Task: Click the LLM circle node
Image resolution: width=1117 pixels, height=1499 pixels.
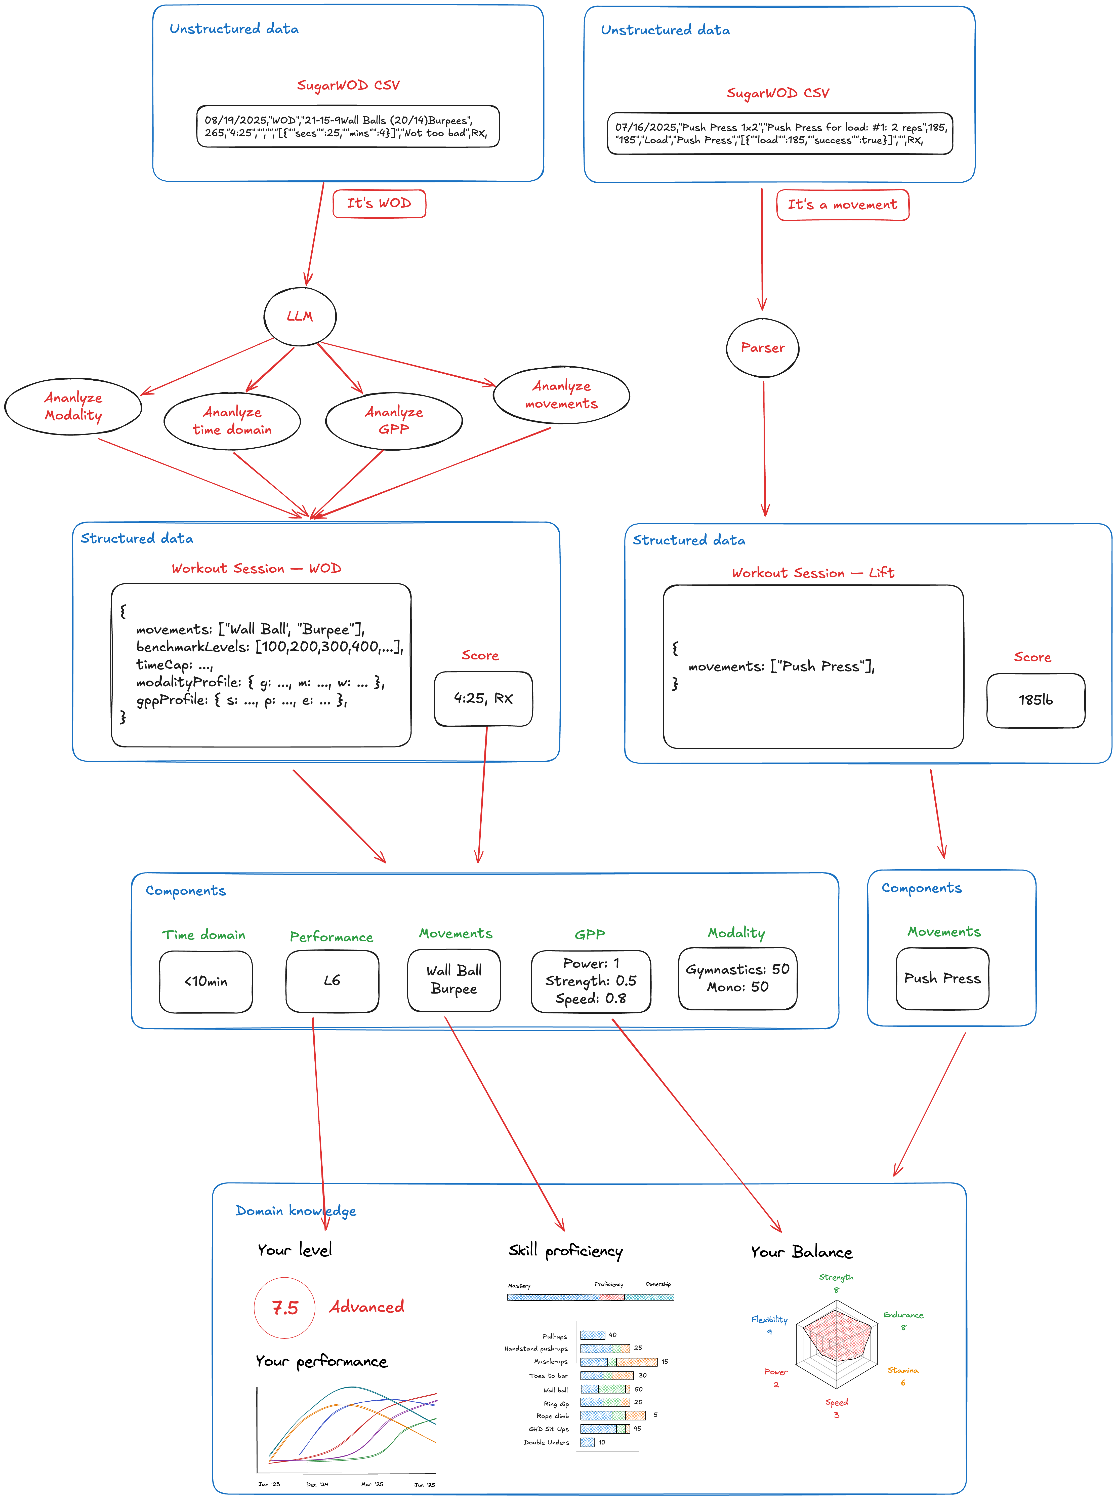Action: pyautogui.click(x=300, y=317)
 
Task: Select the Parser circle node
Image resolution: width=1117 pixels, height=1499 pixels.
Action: pyautogui.click(x=763, y=348)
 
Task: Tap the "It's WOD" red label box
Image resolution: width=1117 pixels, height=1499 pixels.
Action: pyautogui.click(x=379, y=204)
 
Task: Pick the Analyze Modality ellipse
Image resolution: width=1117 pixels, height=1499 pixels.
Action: pyautogui.click(x=73, y=407)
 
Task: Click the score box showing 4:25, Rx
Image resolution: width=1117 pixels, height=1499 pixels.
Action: pyautogui.click(x=483, y=699)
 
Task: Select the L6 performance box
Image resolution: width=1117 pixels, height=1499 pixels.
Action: pyautogui.click(x=332, y=981)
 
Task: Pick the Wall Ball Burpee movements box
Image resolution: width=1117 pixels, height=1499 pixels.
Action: pyautogui.click(x=454, y=980)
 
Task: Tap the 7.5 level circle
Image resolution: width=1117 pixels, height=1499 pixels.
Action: pyautogui.click(x=285, y=1308)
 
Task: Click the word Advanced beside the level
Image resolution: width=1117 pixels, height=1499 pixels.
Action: pyautogui.click(x=366, y=1307)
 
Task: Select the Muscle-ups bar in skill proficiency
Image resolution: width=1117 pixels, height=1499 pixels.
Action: pyautogui.click(x=618, y=1362)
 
